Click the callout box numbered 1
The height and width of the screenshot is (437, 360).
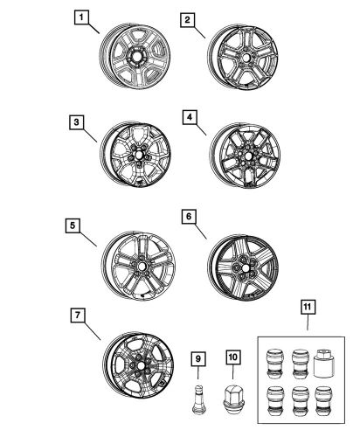pyautogui.click(x=81, y=17)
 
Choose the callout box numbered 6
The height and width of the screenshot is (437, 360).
pyautogui.click(x=190, y=216)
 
